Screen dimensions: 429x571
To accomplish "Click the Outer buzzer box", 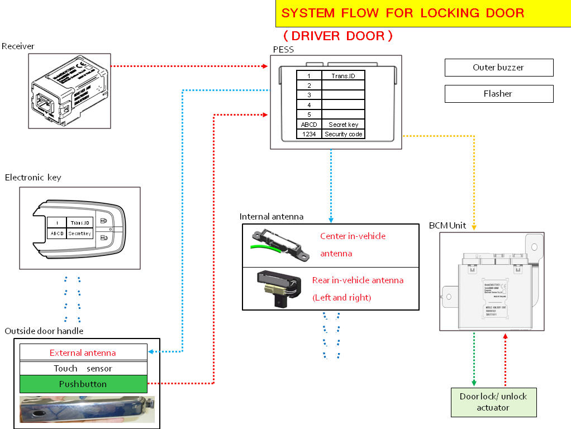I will point(498,68).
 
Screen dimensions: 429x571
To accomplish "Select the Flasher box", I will point(498,94).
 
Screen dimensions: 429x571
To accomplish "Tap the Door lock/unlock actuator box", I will point(493,402).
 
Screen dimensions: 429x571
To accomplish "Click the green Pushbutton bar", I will point(83,384).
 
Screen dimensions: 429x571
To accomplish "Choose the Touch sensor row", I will point(83,368).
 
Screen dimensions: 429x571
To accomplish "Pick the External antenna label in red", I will point(83,352).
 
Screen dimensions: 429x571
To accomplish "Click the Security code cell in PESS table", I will point(344,134).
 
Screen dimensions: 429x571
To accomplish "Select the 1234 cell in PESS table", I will point(309,134).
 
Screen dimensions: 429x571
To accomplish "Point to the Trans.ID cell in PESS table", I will point(344,75).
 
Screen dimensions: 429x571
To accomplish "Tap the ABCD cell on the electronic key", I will point(57,233).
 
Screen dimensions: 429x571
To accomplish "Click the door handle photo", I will point(87,409).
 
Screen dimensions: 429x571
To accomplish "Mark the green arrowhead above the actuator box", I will point(474,383).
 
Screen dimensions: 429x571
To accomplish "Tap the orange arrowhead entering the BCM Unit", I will point(474,227).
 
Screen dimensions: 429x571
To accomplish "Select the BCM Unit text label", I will point(447,226).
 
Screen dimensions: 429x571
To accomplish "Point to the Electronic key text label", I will point(33,178).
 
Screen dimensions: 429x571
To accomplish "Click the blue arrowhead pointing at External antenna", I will point(151,351).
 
